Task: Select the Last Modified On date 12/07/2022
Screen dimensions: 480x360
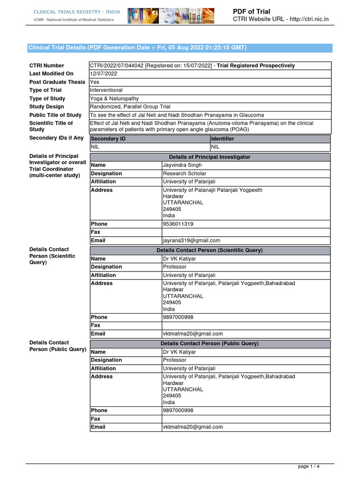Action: [104, 74]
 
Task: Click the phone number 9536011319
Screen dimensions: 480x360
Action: [178, 224]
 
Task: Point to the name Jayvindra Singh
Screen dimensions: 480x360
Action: [182, 165]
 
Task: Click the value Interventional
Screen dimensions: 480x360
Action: [106, 90]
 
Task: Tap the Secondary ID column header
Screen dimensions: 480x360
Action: [108, 139]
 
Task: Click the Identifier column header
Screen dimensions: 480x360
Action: [223, 139]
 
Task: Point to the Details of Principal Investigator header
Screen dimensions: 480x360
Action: [210, 157]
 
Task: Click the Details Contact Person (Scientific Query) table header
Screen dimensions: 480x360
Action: [210, 250]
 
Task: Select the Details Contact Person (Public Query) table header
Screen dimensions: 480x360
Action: [210, 344]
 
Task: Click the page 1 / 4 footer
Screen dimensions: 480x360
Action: [309, 466]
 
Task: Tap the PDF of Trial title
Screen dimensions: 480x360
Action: [252, 11]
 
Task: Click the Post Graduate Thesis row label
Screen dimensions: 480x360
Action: [57, 82]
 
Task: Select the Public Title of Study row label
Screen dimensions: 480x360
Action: [55, 115]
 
